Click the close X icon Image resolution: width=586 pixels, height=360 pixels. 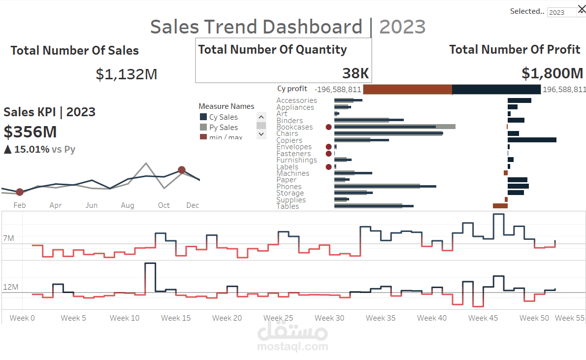581,8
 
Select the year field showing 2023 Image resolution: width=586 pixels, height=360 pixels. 561,12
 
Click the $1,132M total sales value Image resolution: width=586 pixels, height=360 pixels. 127,74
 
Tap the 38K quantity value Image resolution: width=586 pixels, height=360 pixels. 356,73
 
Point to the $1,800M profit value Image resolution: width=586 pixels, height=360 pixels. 552,73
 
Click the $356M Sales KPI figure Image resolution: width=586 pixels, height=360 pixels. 30,132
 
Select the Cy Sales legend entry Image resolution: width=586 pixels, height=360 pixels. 223,117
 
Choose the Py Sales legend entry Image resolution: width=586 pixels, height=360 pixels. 223,128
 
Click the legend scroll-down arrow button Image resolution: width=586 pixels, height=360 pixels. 261,134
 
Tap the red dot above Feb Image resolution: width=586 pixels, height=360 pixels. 20,192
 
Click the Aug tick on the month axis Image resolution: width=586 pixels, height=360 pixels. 128,205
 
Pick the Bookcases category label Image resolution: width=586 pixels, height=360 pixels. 294,127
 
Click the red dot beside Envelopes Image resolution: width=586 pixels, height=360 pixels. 328,147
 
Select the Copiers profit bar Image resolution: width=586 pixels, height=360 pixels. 532,140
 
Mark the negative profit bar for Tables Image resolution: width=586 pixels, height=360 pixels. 500,206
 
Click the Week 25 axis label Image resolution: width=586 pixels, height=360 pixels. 278,318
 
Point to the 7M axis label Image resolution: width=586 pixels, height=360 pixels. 8,238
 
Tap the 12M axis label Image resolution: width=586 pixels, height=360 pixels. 10,287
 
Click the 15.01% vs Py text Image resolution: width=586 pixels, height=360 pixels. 39,149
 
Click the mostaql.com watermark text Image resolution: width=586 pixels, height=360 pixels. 293,347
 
